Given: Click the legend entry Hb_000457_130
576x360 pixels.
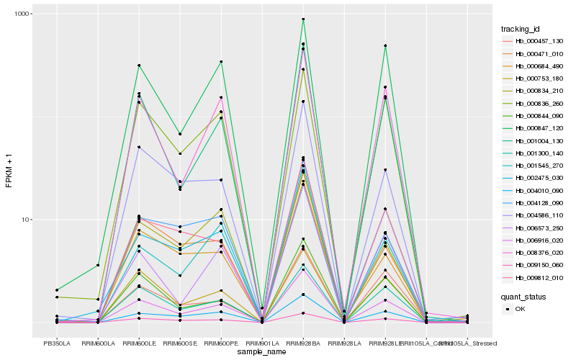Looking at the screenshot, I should pos(534,41).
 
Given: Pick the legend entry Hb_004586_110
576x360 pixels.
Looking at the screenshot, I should pos(534,215).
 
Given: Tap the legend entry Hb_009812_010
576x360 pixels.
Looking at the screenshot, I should pos(534,277).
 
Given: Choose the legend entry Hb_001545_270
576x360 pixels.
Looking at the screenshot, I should pos(534,166).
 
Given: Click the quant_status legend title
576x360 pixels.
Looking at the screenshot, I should pos(528,296).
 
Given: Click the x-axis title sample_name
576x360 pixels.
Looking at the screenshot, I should pos(262,352).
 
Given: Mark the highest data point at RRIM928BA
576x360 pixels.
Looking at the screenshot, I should pos(303,19).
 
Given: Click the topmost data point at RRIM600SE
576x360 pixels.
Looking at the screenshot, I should pos(180,134).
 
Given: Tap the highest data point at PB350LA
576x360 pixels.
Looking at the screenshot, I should pos(57,290).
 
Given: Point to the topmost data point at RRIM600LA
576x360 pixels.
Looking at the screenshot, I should pos(98,265).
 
